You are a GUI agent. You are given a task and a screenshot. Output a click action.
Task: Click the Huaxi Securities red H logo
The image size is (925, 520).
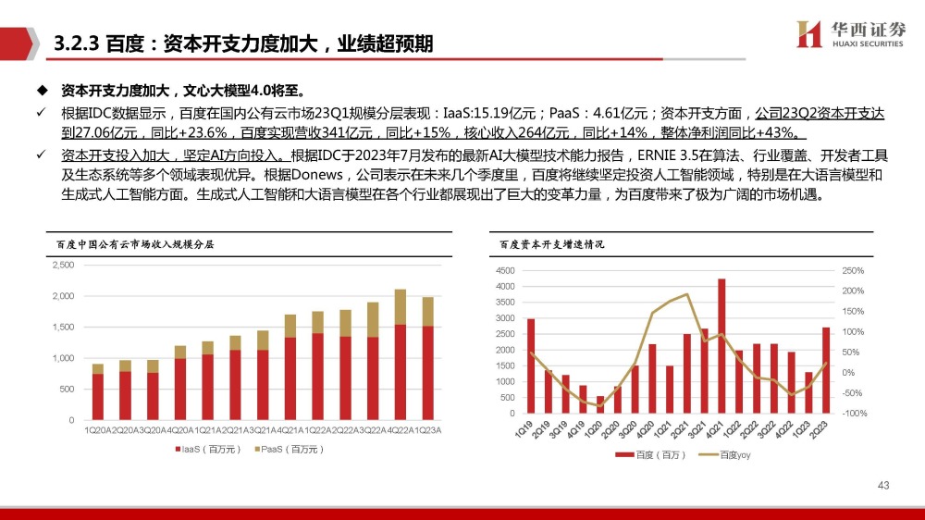click(809, 32)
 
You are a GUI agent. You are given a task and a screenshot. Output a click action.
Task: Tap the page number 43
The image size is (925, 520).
click(882, 486)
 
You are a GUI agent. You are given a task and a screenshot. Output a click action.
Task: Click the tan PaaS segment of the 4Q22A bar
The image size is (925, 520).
click(401, 307)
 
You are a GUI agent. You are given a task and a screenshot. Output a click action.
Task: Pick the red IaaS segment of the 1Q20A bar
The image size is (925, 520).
click(97, 397)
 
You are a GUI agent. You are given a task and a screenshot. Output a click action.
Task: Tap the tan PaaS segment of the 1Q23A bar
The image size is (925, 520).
click(426, 312)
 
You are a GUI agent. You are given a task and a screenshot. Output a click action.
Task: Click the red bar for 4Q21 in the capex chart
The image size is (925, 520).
click(721, 345)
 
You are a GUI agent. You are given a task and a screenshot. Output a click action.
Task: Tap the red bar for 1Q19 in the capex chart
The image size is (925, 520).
click(530, 365)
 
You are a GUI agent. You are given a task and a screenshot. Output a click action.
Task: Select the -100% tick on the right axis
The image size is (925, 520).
click(854, 413)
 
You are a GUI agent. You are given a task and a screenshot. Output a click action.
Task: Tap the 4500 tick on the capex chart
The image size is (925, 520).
click(504, 270)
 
